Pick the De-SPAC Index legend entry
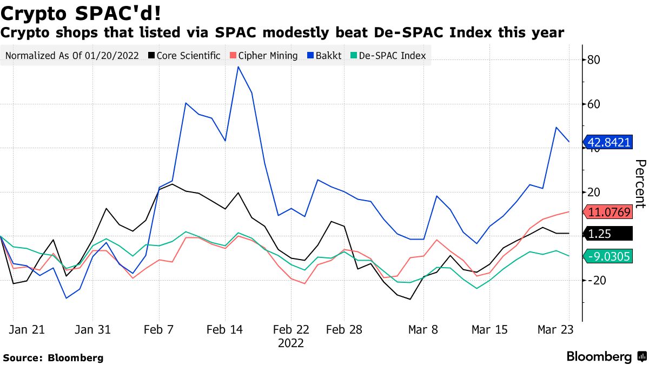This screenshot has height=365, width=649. point(392,56)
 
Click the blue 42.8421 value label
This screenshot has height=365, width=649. point(609,143)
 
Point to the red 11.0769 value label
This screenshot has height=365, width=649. point(609,213)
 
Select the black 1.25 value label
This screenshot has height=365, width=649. point(609,234)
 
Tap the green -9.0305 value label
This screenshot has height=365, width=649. point(609,256)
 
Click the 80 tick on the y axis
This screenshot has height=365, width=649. point(594,59)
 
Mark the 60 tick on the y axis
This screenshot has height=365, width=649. point(594,104)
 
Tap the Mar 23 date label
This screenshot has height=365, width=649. point(555,330)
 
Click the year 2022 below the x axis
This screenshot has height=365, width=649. point(290,343)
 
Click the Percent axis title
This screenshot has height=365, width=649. point(640,184)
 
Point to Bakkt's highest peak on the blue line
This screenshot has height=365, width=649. point(238,67)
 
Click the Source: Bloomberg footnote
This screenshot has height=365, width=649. point(53,357)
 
